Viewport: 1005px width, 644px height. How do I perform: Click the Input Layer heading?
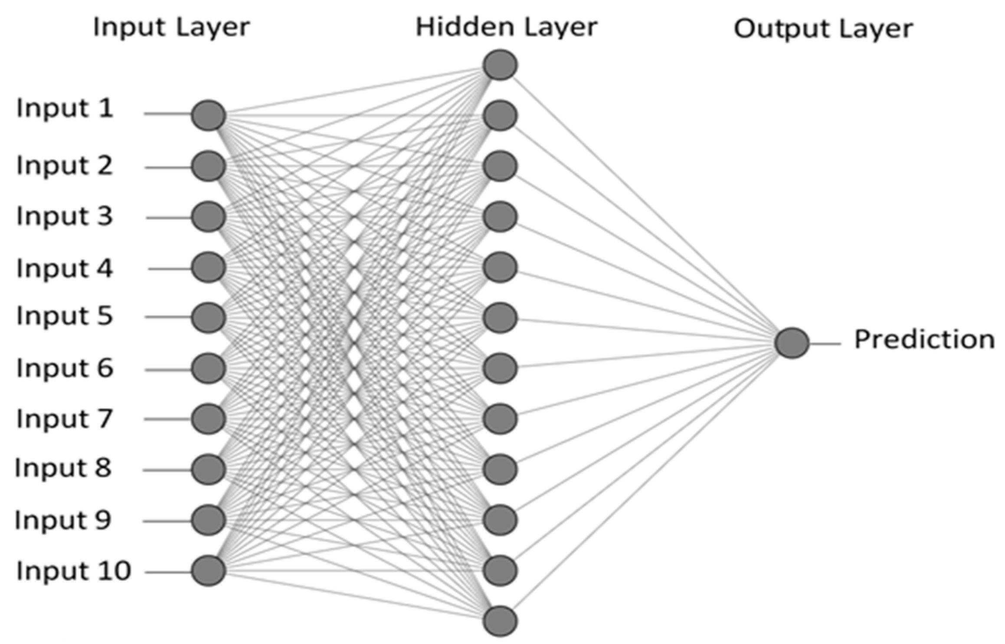[x=171, y=28]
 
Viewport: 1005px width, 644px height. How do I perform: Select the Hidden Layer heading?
[x=506, y=27]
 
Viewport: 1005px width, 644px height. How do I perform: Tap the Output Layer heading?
[x=823, y=29]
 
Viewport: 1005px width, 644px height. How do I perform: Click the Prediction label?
[x=924, y=339]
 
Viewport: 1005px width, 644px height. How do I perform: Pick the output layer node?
[x=792, y=343]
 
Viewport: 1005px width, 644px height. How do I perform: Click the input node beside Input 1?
[x=209, y=115]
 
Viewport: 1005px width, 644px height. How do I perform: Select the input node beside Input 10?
[x=209, y=571]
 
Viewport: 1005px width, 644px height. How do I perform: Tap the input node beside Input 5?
[x=209, y=318]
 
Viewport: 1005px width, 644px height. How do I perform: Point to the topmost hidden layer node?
[x=500, y=65]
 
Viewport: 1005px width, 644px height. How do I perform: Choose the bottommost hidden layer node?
[x=500, y=621]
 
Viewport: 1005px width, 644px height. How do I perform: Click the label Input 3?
[x=65, y=216]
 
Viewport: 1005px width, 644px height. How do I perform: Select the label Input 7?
[x=65, y=418]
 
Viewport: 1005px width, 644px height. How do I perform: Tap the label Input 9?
[x=63, y=520]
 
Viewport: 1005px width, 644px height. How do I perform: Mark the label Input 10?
[x=73, y=571]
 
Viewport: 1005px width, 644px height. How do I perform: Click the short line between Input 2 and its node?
[x=168, y=167]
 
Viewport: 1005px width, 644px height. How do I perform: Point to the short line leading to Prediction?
[x=825, y=344]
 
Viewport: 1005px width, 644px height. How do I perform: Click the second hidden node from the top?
[x=500, y=116]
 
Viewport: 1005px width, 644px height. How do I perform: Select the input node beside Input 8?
[x=209, y=469]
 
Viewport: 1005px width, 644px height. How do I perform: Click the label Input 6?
[x=65, y=368]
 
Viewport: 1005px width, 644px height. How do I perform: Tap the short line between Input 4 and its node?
[x=170, y=269]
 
